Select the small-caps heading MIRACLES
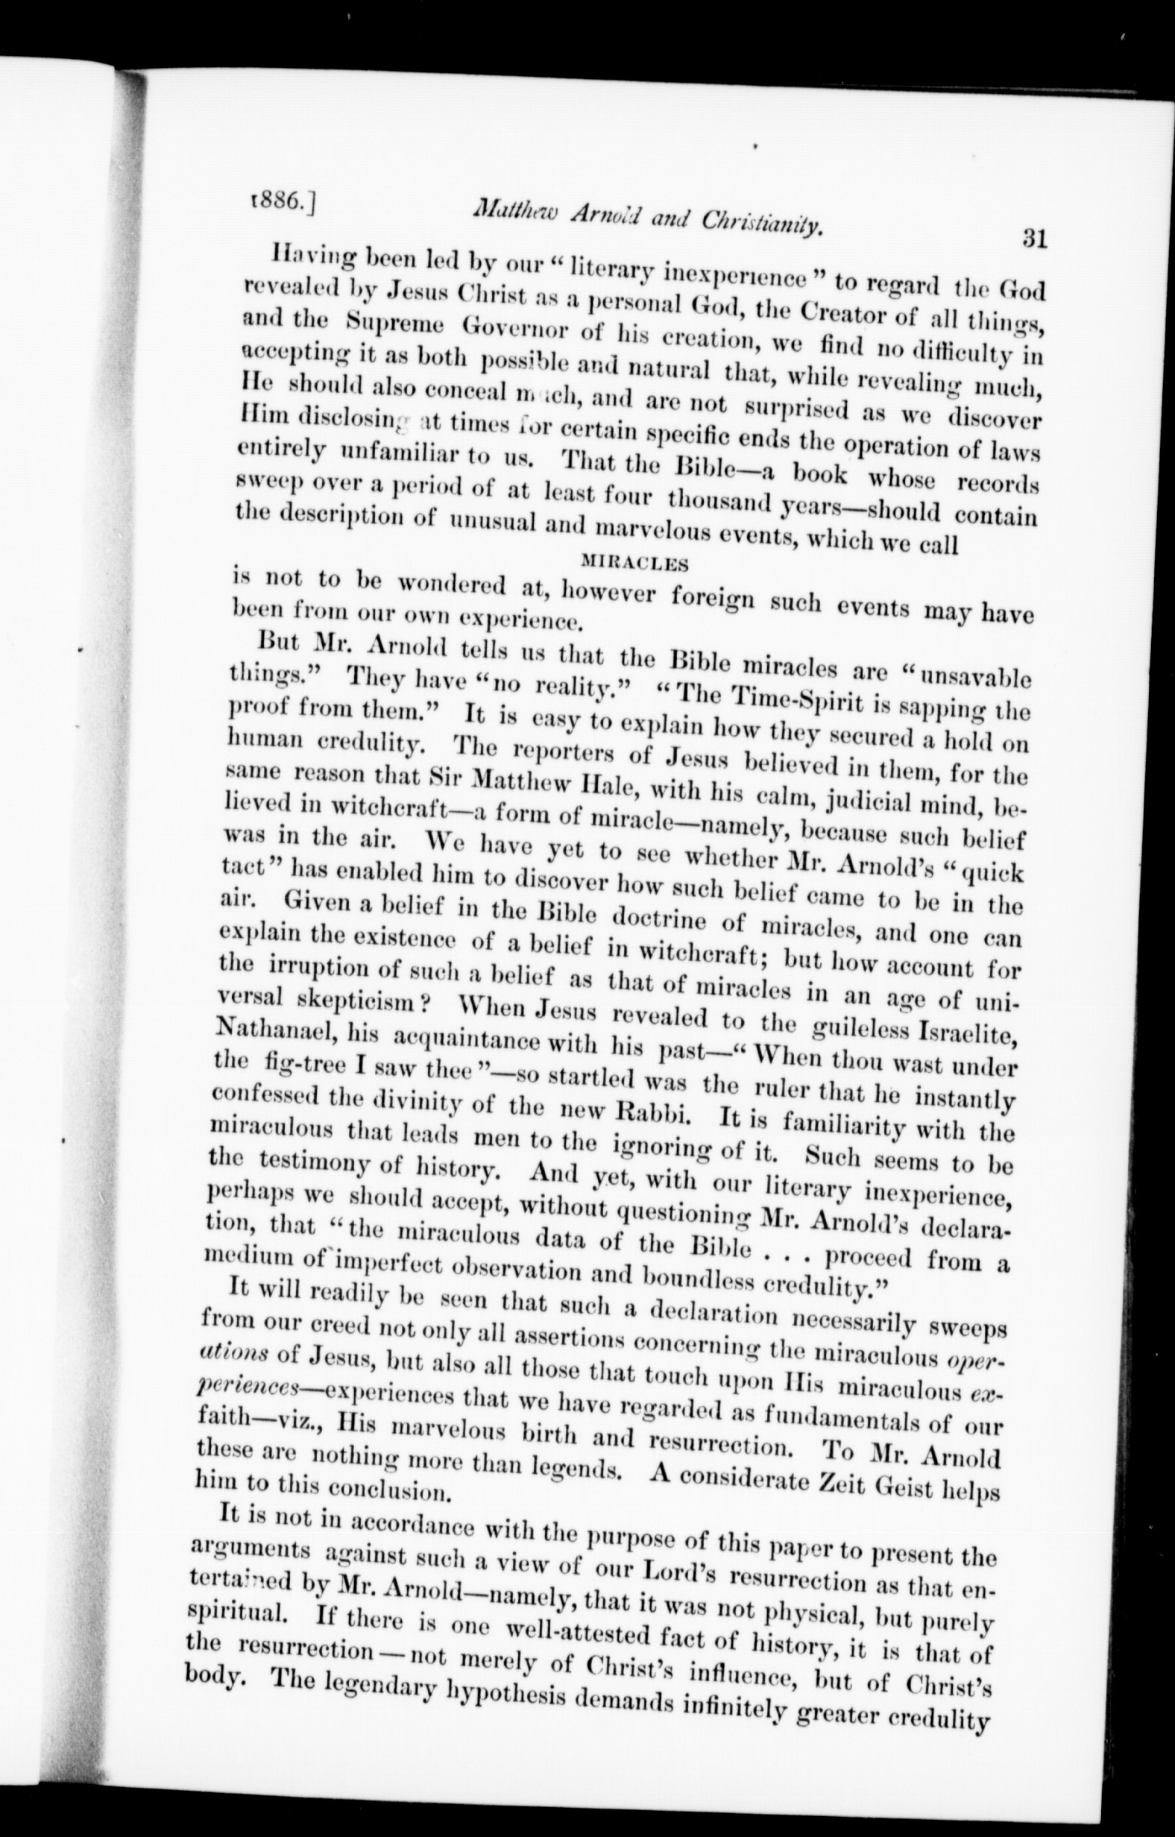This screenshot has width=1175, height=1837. pos(634,564)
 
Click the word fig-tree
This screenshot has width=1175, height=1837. pos(283,1064)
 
